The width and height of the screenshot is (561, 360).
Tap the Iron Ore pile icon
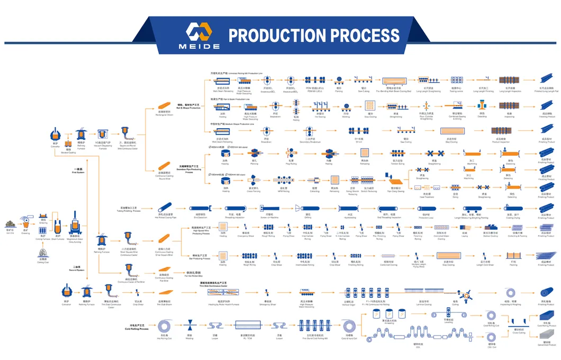pos(9,220)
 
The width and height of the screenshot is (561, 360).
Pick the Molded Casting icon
pos(68,143)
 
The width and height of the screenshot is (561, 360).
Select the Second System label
pos(78,269)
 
